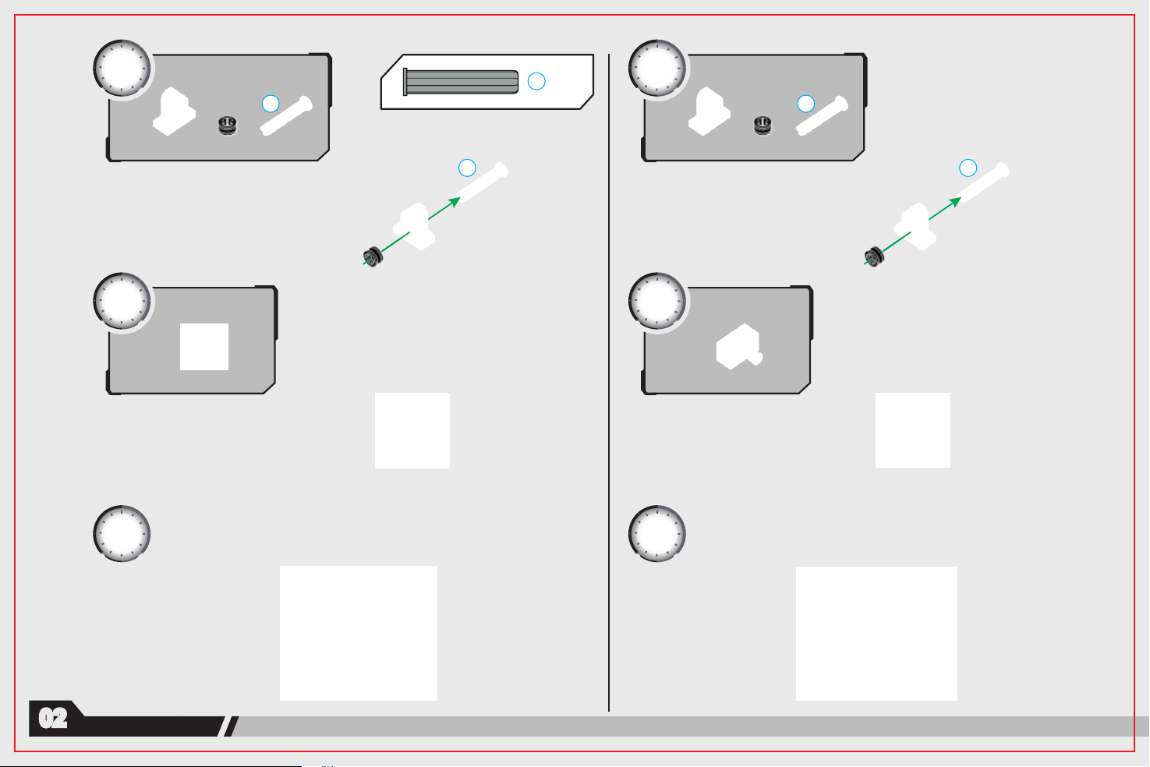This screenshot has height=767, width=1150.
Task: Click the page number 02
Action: tap(53, 718)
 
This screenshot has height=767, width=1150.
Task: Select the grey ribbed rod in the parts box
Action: tap(461, 82)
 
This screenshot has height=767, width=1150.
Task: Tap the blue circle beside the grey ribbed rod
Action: tap(536, 81)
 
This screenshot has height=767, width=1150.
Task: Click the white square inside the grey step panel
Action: tap(203, 347)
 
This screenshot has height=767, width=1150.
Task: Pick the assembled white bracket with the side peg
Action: tap(739, 347)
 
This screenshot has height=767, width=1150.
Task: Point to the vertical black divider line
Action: tap(609, 383)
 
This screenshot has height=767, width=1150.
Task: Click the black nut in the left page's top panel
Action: tap(228, 125)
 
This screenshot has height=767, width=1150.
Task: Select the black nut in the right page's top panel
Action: tap(763, 125)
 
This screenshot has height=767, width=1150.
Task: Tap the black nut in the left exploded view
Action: tap(373, 256)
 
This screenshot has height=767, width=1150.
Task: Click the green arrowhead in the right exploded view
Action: tap(955, 202)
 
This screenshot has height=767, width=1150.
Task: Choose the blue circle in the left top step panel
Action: tap(271, 104)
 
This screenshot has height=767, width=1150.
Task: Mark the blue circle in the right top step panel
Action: tap(805, 104)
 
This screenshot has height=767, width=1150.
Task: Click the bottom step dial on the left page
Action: tap(122, 533)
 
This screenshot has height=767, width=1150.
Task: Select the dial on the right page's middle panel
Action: tap(656, 301)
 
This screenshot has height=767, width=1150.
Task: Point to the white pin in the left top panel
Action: tap(286, 116)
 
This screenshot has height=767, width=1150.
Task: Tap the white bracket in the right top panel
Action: tap(709, 111)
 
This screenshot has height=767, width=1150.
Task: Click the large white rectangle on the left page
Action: tap(359, 633)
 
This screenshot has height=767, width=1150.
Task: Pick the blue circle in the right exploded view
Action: tap(968, 168)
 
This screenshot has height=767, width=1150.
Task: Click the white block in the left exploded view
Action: tap(414, 226)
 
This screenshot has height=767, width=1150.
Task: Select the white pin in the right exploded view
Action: tap(983, 182)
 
